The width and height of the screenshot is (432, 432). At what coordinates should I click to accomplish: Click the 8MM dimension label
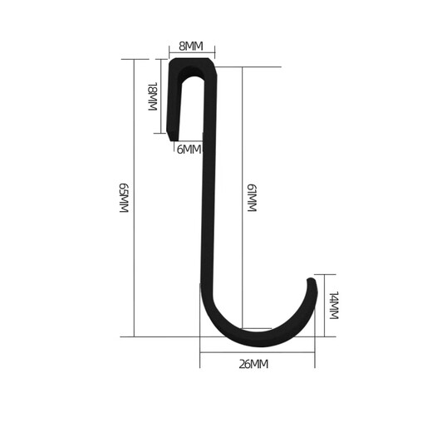click(191, 46)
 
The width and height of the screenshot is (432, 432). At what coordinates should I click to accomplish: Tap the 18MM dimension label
click(152, 97)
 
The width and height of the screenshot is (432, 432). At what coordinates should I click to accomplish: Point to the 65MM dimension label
click(125, 199)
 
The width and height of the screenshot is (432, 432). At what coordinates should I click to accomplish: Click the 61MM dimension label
click(250, 199)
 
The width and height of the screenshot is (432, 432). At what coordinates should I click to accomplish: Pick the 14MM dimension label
click(333, 306)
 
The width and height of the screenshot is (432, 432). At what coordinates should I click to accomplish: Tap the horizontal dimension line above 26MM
click(257, 352)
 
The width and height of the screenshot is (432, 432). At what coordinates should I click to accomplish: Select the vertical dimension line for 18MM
click(159, 97)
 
